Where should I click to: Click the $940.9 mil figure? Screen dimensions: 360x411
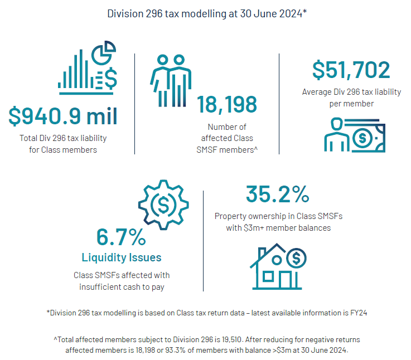63,116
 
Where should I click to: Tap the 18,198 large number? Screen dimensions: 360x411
227,104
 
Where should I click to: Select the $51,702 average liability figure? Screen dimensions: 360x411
351,70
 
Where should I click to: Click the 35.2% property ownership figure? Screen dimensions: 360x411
277,194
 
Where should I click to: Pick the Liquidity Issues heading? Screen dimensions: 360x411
122,257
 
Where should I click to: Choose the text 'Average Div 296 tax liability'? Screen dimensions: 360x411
351,93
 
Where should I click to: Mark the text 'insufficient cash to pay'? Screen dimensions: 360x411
121,286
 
